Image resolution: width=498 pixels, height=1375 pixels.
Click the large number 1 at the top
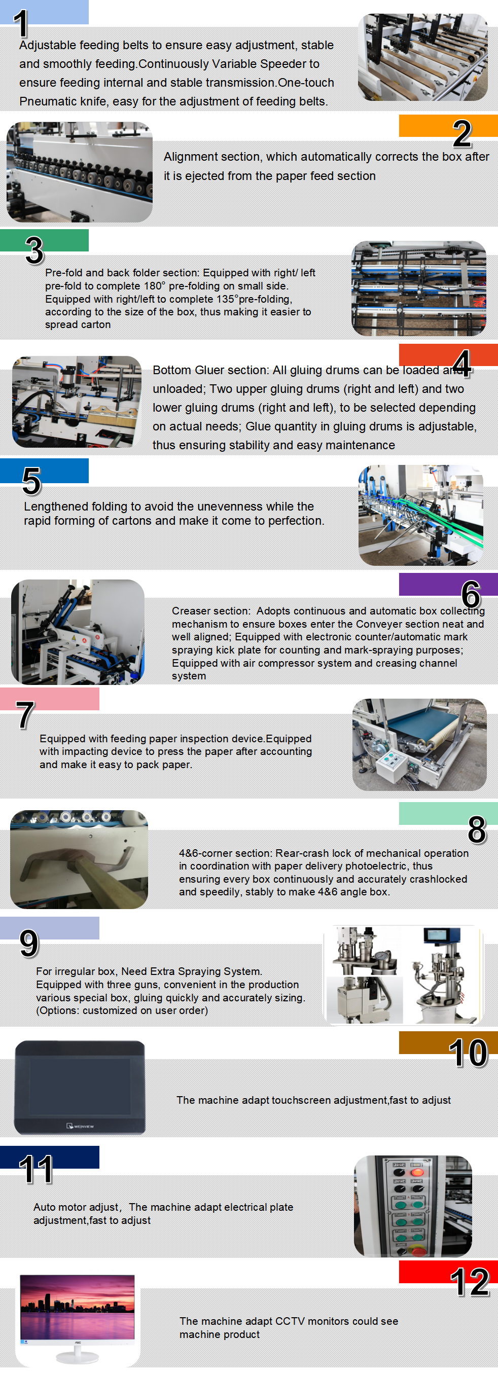point(21,24)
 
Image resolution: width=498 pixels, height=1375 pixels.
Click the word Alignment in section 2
point(187,157)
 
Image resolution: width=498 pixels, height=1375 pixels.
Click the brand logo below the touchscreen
point(80,1126)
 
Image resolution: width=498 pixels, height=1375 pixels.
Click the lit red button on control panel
point(417,1172)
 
